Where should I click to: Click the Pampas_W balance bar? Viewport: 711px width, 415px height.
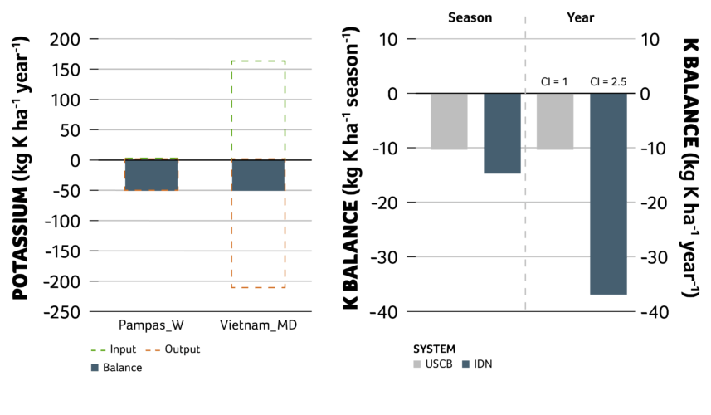tap(151, 174)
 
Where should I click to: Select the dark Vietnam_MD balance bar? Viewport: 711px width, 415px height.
tap(258, 174)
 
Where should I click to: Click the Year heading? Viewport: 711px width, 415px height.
tap(580, 17)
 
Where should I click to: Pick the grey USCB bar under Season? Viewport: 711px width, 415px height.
tap(449, 121)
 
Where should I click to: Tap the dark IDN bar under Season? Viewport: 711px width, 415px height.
tap(502, 133)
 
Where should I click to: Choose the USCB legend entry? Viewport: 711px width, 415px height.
tap(433, 364)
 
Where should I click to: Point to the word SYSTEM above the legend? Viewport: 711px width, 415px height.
tap(435, 349)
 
